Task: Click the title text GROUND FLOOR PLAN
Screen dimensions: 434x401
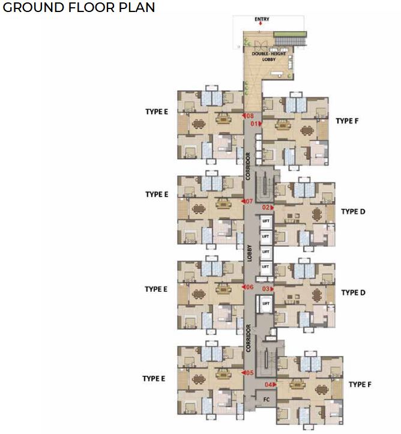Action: coord(79,8)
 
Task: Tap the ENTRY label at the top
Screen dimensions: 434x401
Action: coord(262,19)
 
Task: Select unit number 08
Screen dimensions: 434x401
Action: coord(249,115)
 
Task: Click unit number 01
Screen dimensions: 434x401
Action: coord(255,124)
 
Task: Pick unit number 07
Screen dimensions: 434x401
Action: coord(249,201)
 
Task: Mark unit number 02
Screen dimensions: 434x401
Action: coord(266,207)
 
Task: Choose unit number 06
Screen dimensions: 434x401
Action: coord(249,287)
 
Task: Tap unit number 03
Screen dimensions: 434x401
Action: coord(266,289)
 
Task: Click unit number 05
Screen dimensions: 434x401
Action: coord(249,373)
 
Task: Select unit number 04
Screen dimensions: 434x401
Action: coord(268,384)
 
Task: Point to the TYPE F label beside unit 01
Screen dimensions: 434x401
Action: coord(348,121)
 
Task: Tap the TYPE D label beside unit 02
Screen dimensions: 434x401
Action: coord(353,211)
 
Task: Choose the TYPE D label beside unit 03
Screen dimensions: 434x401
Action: coord(353,292)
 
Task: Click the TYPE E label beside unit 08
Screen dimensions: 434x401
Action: coord(156,112)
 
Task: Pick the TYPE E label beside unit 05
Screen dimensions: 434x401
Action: coord(154,378)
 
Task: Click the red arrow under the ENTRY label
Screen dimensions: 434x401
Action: coord(261,24)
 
